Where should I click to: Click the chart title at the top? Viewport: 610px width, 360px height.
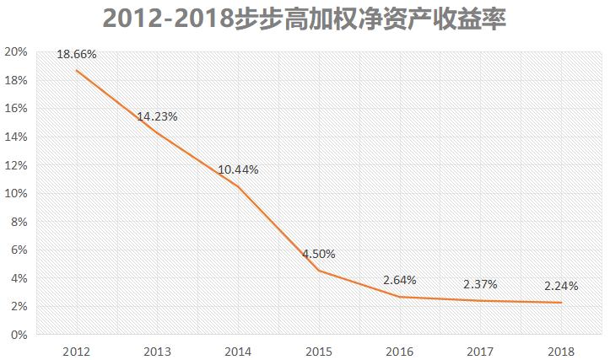305,19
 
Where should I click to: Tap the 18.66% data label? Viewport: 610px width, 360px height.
77,55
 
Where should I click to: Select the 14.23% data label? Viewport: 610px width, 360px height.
157,117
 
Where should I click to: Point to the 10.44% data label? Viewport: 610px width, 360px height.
238,169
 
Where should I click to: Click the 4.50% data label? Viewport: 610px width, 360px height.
319,254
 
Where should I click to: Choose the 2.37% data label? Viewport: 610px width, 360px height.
480,284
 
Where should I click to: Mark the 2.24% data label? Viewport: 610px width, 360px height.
561,286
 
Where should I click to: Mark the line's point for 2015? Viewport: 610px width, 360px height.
319,271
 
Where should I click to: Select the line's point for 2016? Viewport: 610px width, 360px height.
400,297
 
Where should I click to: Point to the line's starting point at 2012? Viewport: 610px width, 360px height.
77,71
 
